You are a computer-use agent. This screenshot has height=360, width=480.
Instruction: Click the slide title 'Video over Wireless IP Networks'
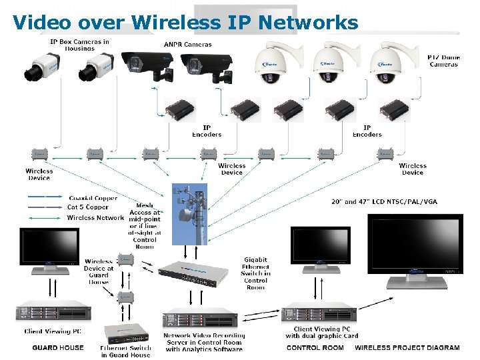coord(185,22)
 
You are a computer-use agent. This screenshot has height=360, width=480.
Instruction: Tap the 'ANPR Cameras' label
coord(187,45)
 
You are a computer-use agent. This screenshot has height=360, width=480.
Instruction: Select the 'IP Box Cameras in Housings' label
coord(79,45)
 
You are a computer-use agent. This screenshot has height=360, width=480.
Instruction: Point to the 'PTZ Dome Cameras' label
coord(443,61)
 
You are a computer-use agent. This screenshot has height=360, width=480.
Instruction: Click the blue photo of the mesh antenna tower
coord(189,213)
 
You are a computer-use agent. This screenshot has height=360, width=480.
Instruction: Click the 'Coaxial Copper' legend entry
coord(93,198)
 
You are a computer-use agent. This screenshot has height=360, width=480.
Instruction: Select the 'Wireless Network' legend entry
coord(95,217)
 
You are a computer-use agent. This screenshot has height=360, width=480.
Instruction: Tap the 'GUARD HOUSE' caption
coord(58,347)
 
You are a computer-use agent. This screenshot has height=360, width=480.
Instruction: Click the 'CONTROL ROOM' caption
coord(315,347)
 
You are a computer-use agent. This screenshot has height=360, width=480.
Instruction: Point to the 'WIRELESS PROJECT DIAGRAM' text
coord(407,347)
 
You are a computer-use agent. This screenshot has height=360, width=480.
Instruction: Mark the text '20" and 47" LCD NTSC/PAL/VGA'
coord(384,202)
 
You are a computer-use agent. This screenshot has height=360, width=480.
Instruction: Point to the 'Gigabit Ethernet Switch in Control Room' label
coord(255,273)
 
